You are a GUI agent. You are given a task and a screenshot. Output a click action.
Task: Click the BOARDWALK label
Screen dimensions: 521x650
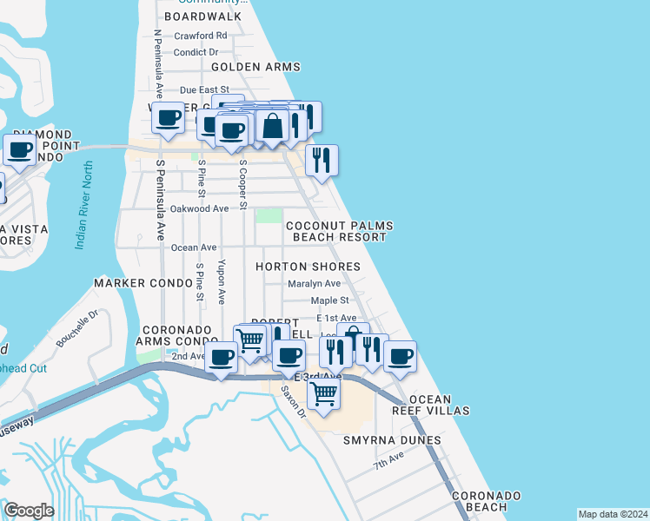pos(202,16)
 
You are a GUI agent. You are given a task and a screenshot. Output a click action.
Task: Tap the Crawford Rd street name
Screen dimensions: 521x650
pos(201,36)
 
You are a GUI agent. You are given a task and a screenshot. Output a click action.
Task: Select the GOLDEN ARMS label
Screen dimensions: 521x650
pos(255,67)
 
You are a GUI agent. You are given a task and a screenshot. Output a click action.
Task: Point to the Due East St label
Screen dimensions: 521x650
pos(204,89)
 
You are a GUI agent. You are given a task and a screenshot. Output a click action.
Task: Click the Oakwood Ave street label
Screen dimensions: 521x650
pos(199,208)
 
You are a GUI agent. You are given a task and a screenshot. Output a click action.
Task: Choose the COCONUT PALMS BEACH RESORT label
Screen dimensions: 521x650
pos(340,231)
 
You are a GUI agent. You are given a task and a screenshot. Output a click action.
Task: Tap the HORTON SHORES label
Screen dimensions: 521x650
pos(308,267)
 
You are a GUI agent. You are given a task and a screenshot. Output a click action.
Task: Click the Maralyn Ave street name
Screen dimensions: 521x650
pos(315,284)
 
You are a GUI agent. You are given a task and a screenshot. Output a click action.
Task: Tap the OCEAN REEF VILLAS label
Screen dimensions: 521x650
pos(439,405)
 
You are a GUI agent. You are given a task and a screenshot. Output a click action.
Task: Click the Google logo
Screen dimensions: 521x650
pos(29,511)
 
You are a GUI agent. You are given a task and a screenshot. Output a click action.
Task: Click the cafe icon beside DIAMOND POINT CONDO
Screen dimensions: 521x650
pos(19,148)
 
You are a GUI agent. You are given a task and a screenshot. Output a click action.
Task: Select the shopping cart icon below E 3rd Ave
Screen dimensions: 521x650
pos(323,392)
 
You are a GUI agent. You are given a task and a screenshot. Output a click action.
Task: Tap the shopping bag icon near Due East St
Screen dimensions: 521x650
pos(272,125)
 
